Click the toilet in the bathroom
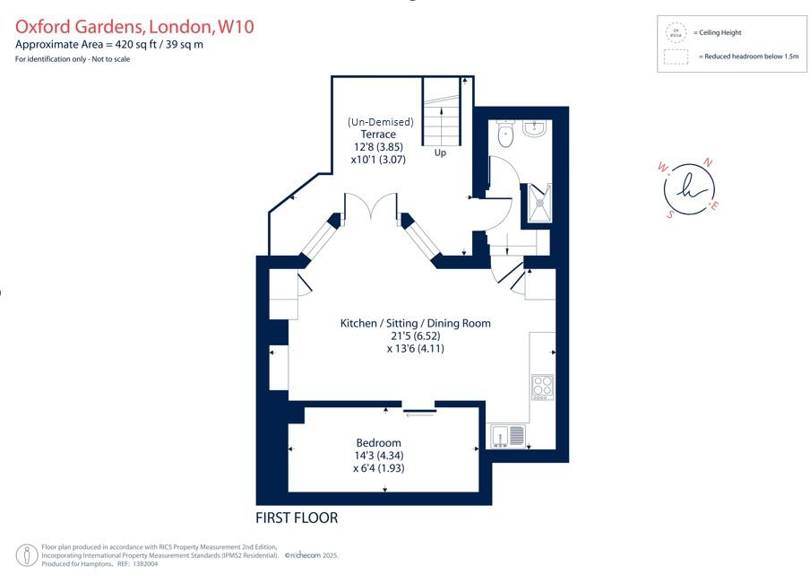(504, 135)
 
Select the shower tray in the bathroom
(540, 202)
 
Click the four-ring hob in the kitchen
(542, 387)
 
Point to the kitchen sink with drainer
(507, 437)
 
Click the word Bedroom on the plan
(378, 443)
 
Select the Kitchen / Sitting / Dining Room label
(415, 323)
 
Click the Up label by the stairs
(440, 152)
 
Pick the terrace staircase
(440, 111)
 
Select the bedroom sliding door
(418, 412)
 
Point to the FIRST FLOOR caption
(297, 518)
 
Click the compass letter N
(708, 162)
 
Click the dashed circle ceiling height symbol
(675, 33)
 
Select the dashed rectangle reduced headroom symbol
(676, 57)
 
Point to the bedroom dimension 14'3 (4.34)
(378, 456)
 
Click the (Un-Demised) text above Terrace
(380, 122)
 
